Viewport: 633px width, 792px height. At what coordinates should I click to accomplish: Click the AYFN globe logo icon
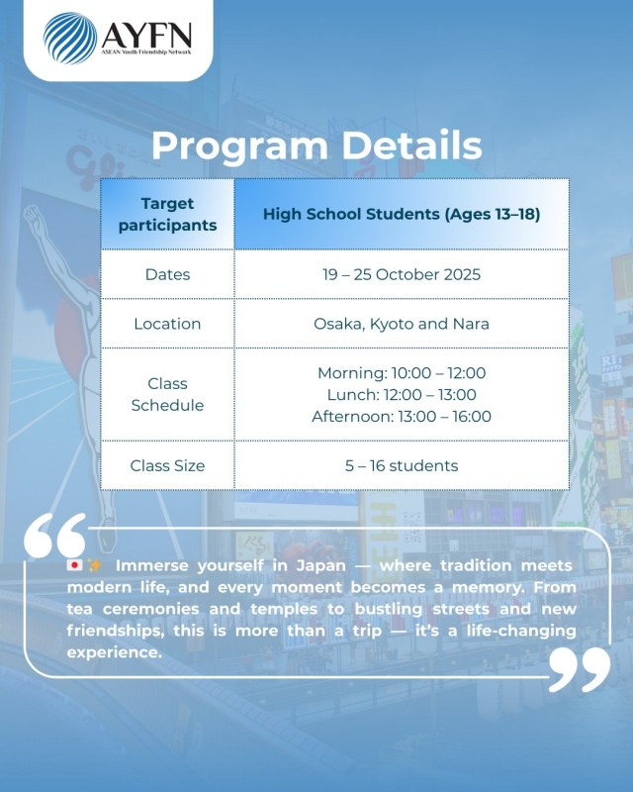pos(70,38)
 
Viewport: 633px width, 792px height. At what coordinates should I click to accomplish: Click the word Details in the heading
pos(408,146)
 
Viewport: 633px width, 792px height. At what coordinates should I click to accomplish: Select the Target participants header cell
pos(167,214)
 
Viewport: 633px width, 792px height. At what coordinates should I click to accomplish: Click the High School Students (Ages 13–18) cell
pos(402,214)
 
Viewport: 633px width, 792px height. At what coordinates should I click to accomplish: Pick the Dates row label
pos(167,274)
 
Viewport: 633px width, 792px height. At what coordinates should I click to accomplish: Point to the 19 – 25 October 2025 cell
pos(402,274)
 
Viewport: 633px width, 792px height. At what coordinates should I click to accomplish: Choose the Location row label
pos(167,324)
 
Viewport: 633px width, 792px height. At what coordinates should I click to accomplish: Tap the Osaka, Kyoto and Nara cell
pos(402,324)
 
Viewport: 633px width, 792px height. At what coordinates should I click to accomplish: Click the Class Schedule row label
pos(167,394)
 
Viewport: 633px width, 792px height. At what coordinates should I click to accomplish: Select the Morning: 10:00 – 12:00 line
pos(402,373)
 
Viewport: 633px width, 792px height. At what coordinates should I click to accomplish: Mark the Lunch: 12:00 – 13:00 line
pos(402,395)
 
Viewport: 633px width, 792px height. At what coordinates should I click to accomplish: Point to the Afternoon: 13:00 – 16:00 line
pos(402,417)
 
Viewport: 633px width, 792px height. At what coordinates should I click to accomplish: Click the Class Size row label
pos(167,465)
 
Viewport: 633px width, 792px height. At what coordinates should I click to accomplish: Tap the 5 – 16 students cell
pos(402,465)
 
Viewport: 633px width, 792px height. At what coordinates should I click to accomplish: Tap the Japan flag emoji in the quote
pos(74,565)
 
